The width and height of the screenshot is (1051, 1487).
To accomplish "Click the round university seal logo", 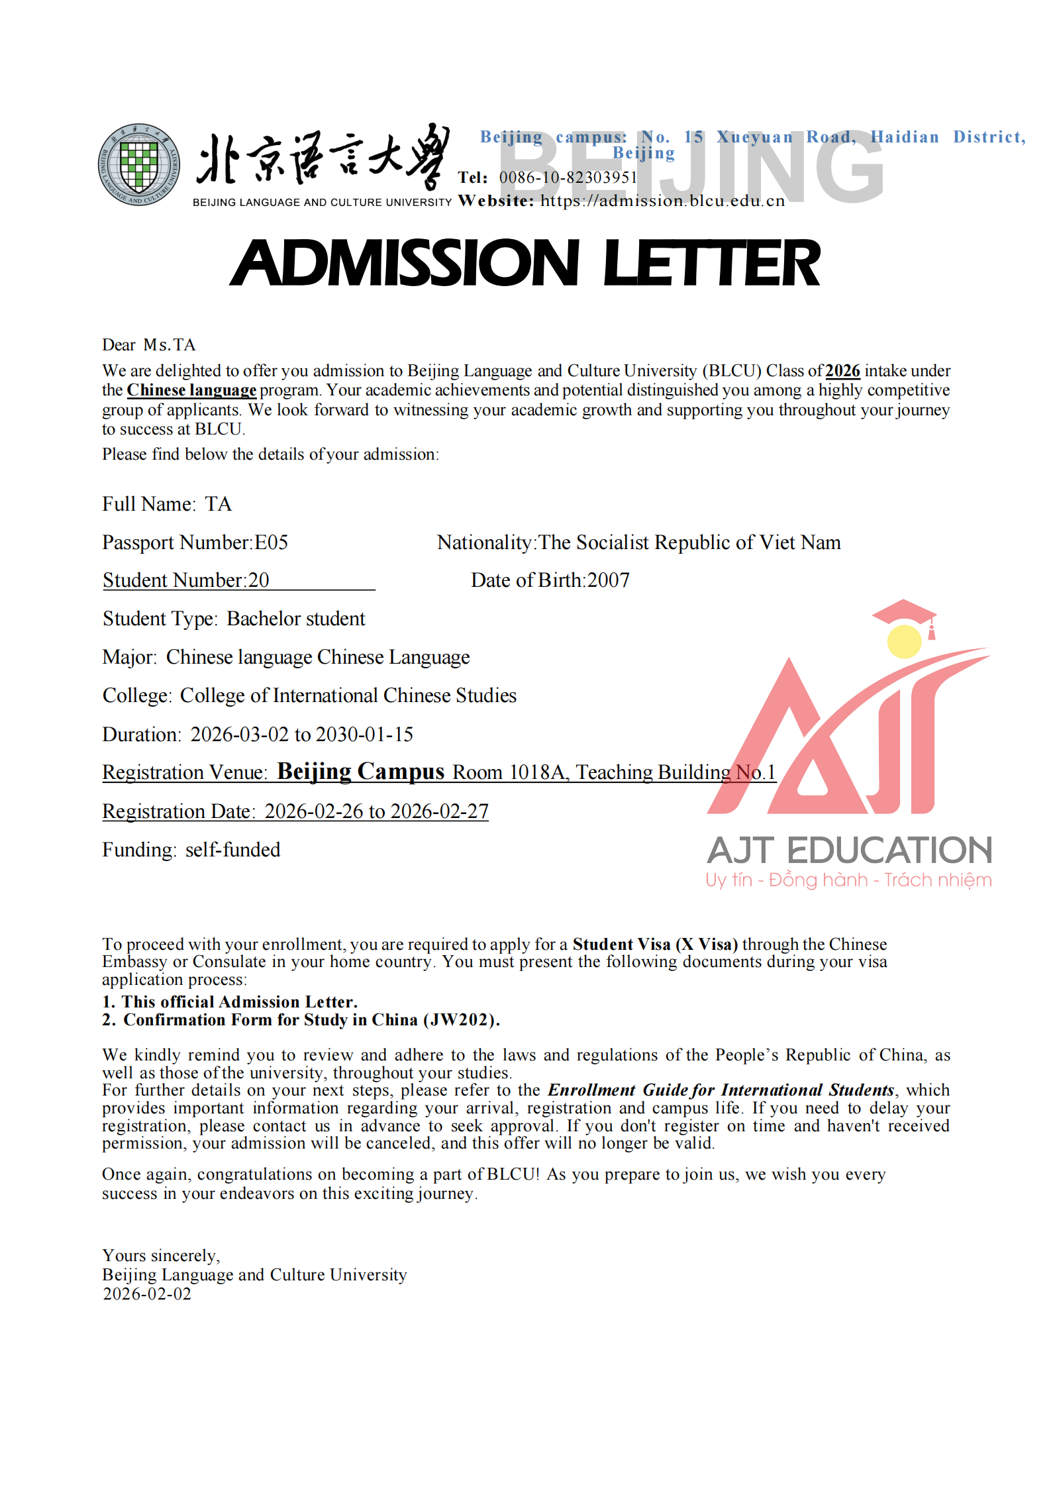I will point(139,164).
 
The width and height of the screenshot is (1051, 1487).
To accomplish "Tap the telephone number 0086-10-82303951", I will point(568,178).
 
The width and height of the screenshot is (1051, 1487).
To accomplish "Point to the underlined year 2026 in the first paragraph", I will point(842,371).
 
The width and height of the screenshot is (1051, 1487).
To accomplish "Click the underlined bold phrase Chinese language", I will point(191,390).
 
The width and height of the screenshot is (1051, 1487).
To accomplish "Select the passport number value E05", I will point(272,542).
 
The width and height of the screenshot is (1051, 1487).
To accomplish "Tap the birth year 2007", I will point(608,580).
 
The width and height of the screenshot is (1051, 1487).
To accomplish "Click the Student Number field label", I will point(174,580).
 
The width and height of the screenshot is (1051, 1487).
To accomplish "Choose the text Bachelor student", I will point(296,619).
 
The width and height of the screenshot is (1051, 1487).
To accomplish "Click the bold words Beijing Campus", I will point(360,772).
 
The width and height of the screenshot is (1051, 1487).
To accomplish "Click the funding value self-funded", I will point(232,850).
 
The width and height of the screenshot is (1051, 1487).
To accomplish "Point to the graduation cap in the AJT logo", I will point(904,612).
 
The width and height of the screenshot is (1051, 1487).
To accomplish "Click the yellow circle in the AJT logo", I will point(904,641).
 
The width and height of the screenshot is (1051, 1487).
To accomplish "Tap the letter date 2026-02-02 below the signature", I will point(147,1294).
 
